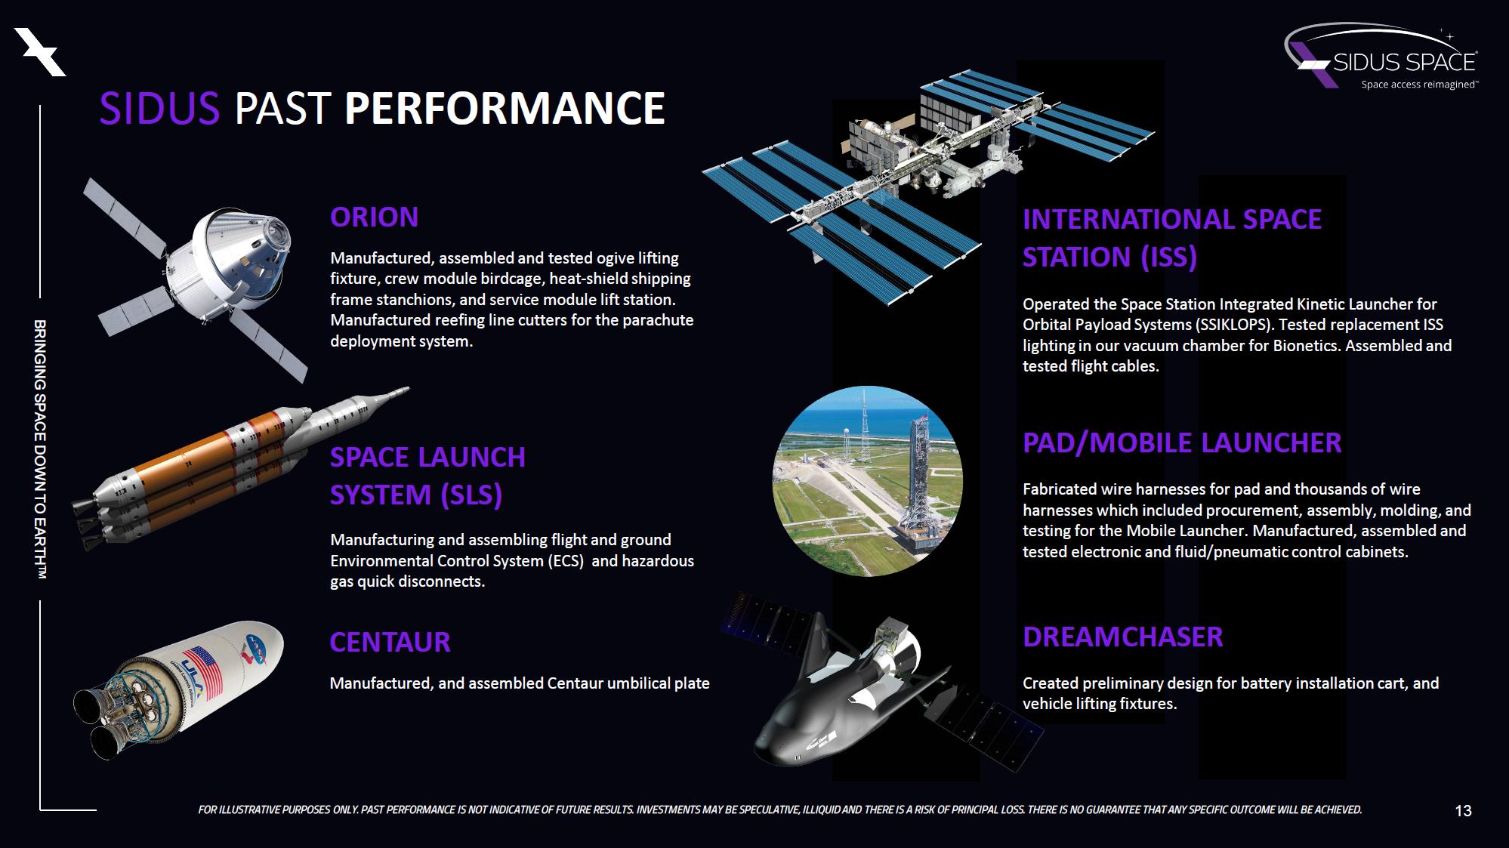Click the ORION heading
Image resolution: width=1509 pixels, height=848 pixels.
tap(374, 217)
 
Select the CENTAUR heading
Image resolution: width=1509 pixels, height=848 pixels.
tap(390, 643)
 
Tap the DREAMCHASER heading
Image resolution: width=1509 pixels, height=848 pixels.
tap(1122, 637)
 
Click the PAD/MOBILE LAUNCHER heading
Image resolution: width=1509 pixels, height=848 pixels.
tap(1182, 443)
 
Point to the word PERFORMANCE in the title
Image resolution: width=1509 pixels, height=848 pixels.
tap(505, 108)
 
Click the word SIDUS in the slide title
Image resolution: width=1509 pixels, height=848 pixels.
tap(159, 108)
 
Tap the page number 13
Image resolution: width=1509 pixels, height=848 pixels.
tap(1463, 811)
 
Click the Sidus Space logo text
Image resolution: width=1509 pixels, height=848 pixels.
tap(1405, 62)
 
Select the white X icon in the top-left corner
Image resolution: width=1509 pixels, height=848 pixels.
tap(41, 51)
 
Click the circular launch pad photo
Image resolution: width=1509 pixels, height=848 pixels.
tap(867, 481)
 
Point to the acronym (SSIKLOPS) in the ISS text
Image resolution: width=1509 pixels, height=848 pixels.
tap(1233, 325)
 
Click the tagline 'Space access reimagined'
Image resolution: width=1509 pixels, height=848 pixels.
tap(1420, 85)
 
